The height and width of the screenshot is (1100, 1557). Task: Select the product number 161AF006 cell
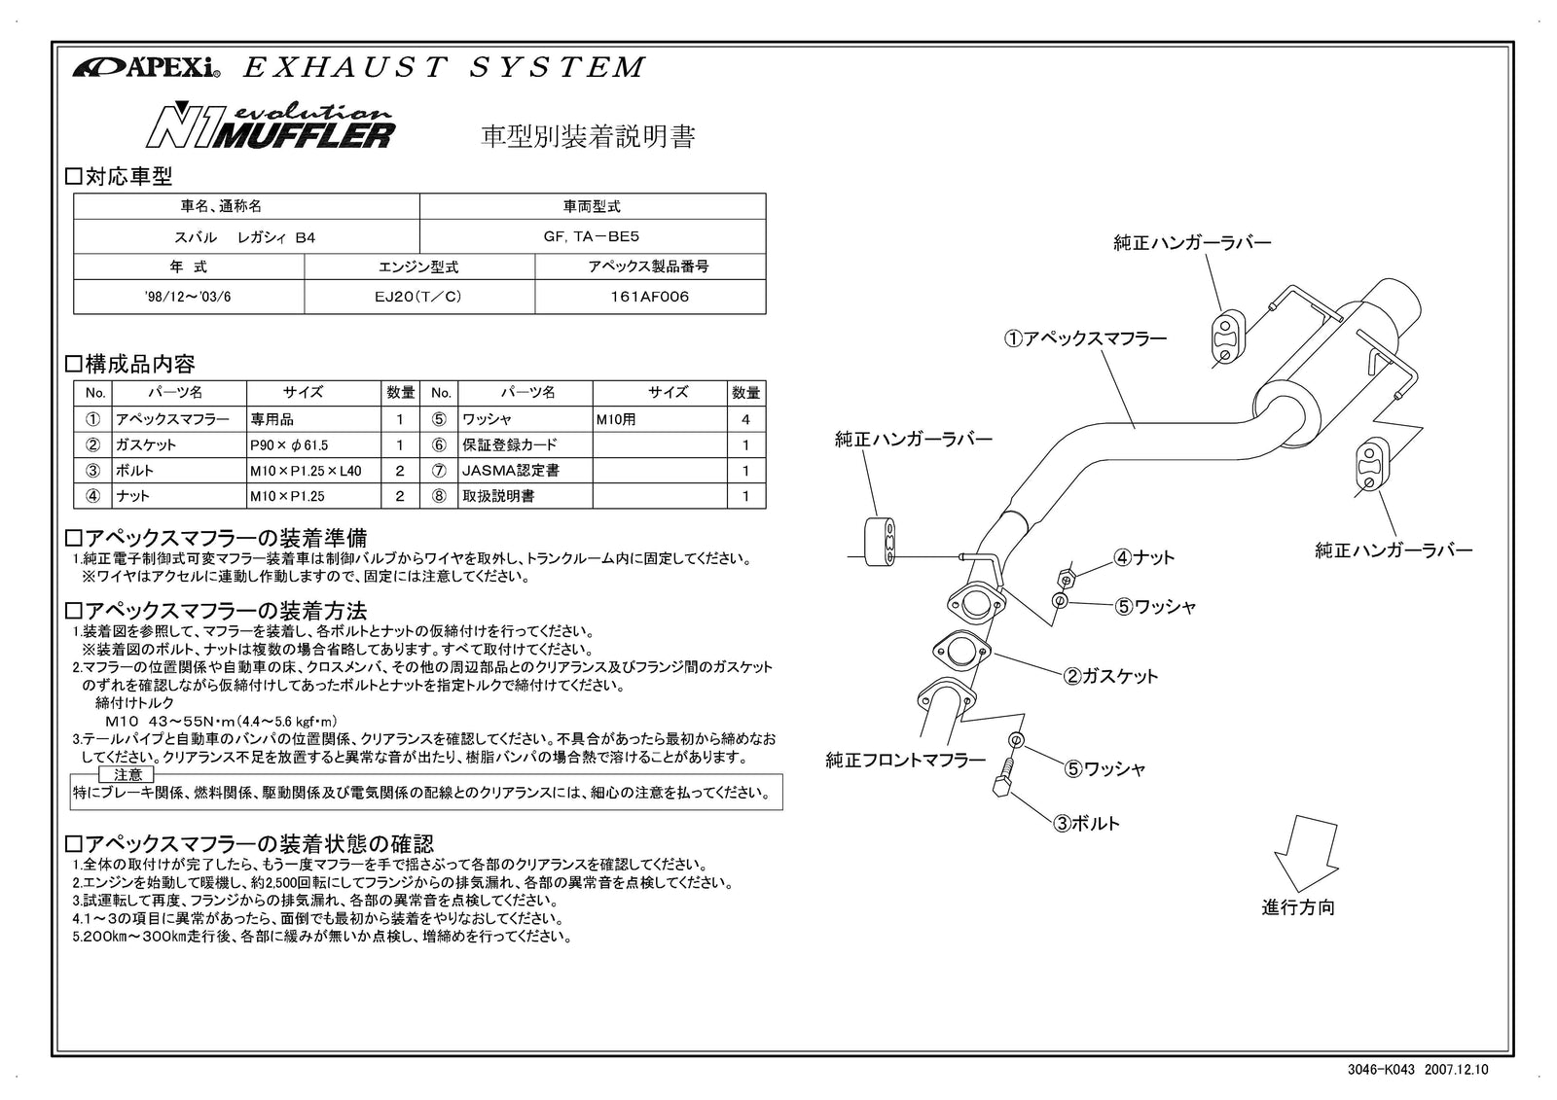coord(649,297)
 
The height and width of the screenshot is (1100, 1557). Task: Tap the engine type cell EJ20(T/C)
coord(418,297)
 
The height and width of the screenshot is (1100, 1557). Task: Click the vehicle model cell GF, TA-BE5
coord(592,236)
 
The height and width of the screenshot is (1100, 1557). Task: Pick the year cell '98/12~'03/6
coord(188,297)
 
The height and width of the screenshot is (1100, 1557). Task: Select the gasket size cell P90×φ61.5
coord(313,444)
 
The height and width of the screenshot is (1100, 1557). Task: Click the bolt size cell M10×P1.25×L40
coord(313,470)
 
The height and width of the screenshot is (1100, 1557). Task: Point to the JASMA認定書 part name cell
coord(524,470)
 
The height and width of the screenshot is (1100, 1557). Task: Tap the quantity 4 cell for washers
coord(745,419)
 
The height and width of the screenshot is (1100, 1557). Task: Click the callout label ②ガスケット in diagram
coord(1109,676)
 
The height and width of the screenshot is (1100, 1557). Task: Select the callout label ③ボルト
coord(1086,823)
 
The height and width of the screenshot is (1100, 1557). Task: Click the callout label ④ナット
coord(1144,557)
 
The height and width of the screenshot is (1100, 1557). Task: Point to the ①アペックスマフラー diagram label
coord(1085,338)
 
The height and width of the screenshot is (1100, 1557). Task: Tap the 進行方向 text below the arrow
coord(1298,907)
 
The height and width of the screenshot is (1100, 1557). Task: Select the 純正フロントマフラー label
coord(905,761)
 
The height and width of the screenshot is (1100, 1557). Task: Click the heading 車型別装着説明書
coord(589,137)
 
